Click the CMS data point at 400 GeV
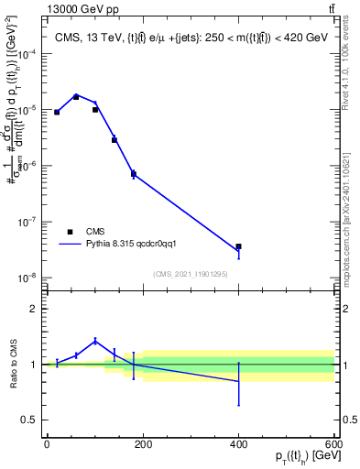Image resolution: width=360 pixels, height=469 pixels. pos(238,246)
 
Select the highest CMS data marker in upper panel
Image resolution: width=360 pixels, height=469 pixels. pos(76,96)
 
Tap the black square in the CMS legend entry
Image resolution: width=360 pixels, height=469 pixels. pos(70,232)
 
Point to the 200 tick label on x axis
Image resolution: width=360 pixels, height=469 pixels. pos(142,444)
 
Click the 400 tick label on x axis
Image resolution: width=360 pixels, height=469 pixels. pos(238,444)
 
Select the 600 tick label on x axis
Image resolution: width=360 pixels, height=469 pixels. pos(333,444)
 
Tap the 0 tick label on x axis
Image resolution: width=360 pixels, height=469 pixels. pos(47,444)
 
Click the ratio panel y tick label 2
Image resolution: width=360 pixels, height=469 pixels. pos(33,309)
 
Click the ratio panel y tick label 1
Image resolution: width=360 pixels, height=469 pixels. pos(33,365)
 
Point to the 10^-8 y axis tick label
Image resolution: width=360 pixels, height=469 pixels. pos(25,278)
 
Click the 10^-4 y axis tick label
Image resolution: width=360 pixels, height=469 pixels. pos(25,54)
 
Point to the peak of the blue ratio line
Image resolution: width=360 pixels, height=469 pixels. pos(95,341)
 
